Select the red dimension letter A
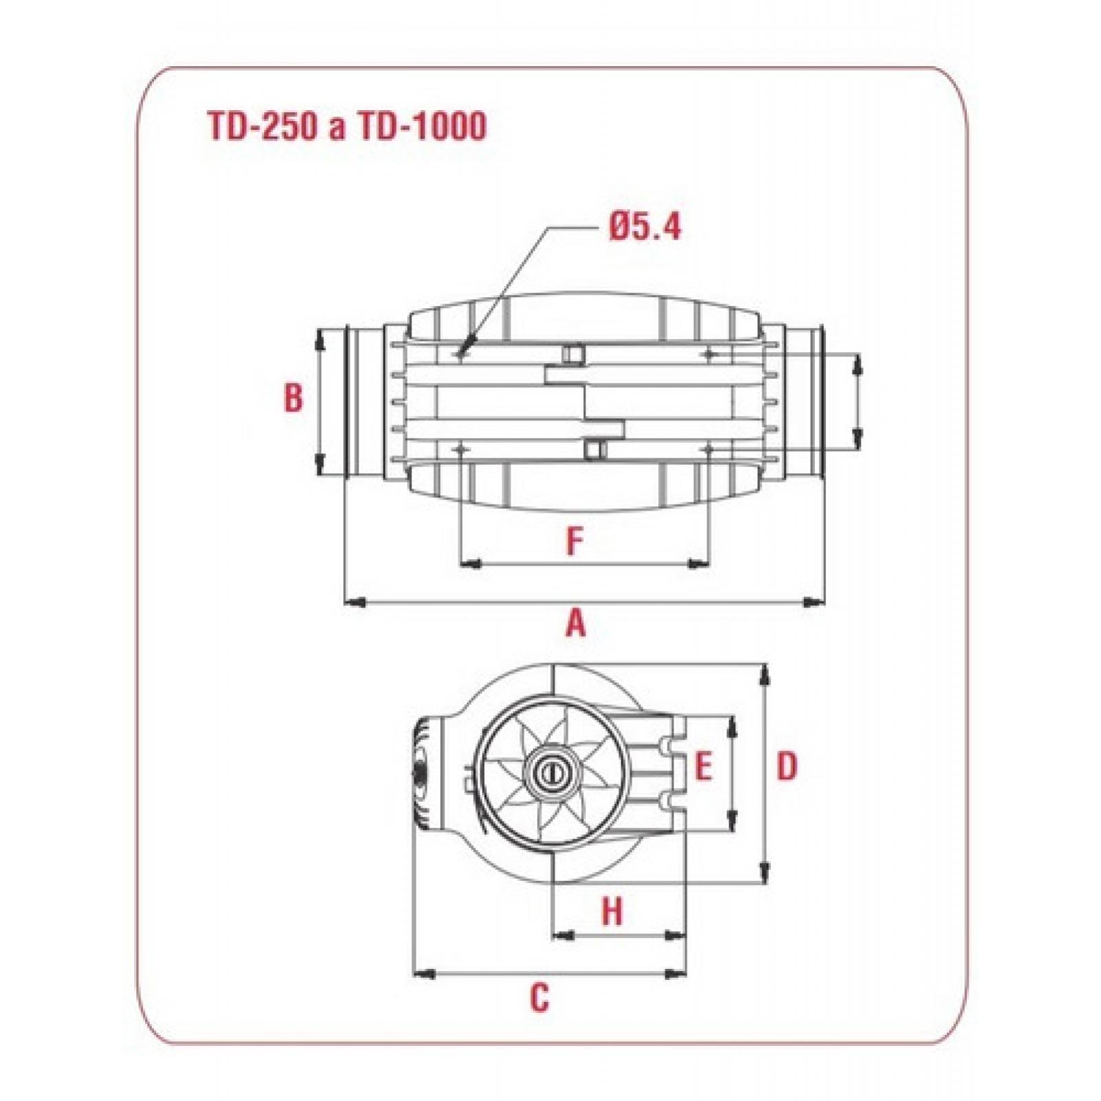tap(575, 625)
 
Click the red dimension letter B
tap(294, 398)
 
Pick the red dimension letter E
tap(703, 767)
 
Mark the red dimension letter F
tap(574, 542)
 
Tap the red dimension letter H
tap(612, 912)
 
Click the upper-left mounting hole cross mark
tap(459, 354)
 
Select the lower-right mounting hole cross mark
tap(709, 448)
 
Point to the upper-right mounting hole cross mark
tap(709, 354)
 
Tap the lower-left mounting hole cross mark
tap(459, 448)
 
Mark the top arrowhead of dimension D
tap(764, 674)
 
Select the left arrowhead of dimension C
tap(423, 973)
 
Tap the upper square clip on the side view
tap(572, 354)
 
